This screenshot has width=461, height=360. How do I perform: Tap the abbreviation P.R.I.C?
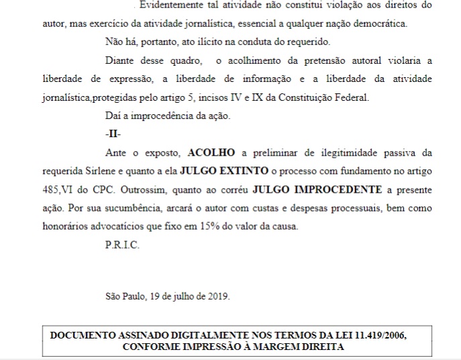coord(121,245)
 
